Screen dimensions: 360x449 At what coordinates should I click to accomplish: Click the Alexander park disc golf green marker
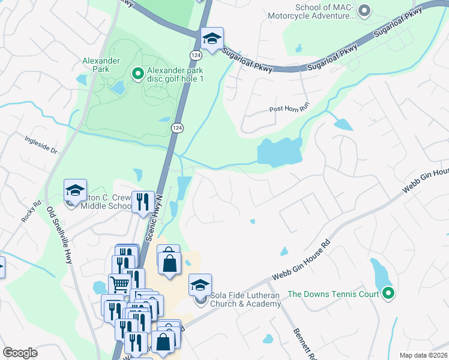click(x=137, y=74)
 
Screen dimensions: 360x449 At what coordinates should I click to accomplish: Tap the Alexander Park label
click(x=101, y=65)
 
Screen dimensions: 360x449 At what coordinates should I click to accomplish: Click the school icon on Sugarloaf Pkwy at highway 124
click(x=211, y=39)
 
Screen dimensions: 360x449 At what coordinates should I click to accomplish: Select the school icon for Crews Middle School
click(x=75, y=191)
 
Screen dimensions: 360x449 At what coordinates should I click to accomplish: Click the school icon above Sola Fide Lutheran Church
click(x=200, y=284)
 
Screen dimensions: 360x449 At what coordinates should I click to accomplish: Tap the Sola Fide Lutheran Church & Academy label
click(x=246, y=299)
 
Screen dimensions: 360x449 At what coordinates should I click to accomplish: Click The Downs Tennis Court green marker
click(x=388, y=293)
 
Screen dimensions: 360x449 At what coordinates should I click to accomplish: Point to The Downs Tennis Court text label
click(x=333, y=294)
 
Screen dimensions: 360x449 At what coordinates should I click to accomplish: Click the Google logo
click(x=20, y=353)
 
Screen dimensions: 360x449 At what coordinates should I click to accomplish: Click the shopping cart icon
click(x=119, y=284)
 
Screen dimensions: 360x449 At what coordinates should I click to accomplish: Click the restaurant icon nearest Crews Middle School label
click(x=142, y=202)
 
